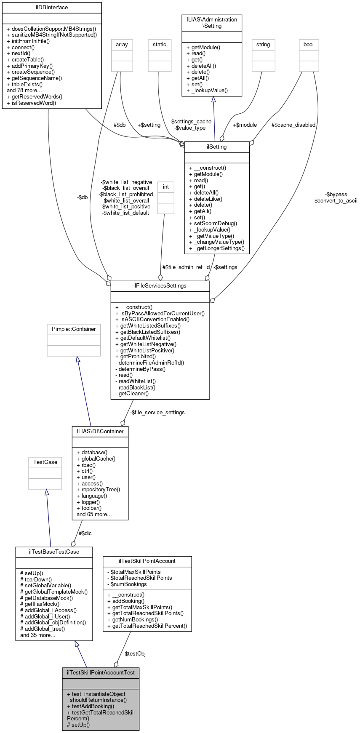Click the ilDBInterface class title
coord(52,8)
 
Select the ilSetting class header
coord(217,147)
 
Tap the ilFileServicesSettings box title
coord(160,285)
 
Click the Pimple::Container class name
coord(74,329)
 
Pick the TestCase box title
coord(45,462)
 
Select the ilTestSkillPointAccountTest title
coord(101,672)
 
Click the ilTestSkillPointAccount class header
coord(147,561)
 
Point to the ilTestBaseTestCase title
coord(54,552)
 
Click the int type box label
coord(166,187)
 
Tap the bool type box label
coord(309,44)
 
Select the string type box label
coord(263,44)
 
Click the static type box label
coord(160,44)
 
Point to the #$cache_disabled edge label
coord(293,125)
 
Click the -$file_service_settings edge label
coord(157,412)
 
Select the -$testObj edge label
coord(134,653)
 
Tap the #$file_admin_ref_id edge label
coord(186,267)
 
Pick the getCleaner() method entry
coord(133,393)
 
